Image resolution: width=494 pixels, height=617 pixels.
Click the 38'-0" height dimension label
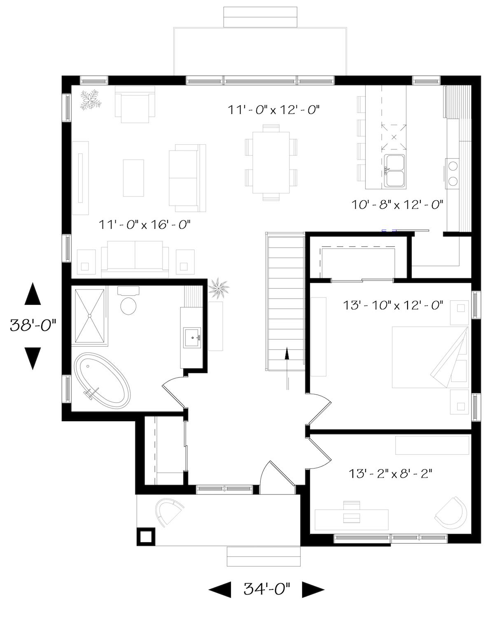click(x=32, y=326)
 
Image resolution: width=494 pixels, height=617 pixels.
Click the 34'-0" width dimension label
click(x=267, y=589)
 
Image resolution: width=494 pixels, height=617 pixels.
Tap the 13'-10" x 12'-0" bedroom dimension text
click(x=393, y=305)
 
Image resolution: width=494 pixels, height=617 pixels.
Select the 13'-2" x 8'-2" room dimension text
click(x=390, y=474)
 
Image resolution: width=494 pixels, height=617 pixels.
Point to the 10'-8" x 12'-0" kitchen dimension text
click(x=397, y=204)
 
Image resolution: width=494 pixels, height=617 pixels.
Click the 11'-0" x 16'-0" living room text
click(x=144, y=225)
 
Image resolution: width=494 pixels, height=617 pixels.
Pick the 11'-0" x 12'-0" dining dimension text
click(x=274, y=110)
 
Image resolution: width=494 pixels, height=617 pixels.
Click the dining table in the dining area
click(x=270, y=162)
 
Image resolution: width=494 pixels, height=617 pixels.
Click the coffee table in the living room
click(x=133, y=178)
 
